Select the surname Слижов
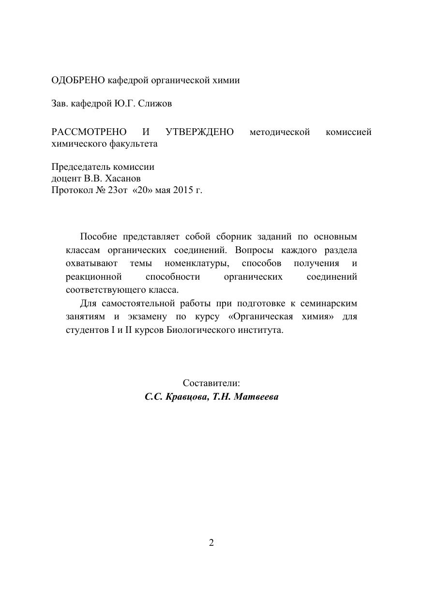point(155,104)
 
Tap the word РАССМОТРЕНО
point(89,132)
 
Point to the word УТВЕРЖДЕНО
point(199,132)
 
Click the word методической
point(279,132)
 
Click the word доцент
point(65,179)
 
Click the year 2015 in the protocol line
point(182,190)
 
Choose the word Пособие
point(98,237)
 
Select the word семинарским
point(329,303)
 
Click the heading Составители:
point(212,383)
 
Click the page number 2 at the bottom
point(212,542)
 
